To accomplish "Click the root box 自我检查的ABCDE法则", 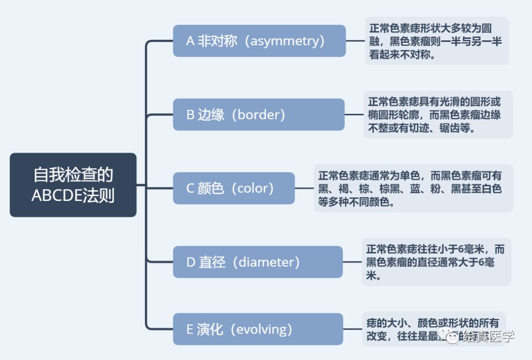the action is pos(73,185).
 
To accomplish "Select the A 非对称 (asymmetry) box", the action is pos(259,41).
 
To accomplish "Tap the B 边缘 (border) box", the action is pos(259,115).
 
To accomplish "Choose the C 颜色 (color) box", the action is pos(233,188).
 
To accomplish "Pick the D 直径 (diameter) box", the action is pos(258,262).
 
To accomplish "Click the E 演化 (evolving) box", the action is pos(258,329).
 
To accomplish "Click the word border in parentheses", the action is pos(258,115).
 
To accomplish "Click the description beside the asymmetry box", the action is pos(436,41).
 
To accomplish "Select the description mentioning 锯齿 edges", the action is pos(438,115).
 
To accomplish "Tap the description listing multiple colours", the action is pos(413,189).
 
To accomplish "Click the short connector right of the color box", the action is pos(304,188).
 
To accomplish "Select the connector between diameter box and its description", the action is pos(352,262).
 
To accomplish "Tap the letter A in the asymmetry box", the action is pos(190,41).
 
